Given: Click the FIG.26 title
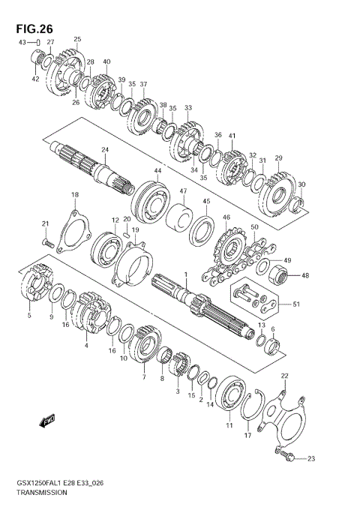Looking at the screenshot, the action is pyautogui.click(x=34, y=29).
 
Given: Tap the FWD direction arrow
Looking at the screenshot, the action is pyautogui.click(x=47, y=421).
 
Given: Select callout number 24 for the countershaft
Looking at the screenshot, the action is pyautogui.click(x=105, y=150).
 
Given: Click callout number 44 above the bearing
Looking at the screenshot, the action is pyautogui.click(x=157, y=170).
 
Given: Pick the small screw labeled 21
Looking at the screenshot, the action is pyautogui.click(x=48, y=242).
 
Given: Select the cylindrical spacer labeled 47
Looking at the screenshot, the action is pyautogui.click(x=178, y=216).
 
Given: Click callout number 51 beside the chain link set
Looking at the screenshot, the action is pyautogui.click(x=296, y=304).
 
